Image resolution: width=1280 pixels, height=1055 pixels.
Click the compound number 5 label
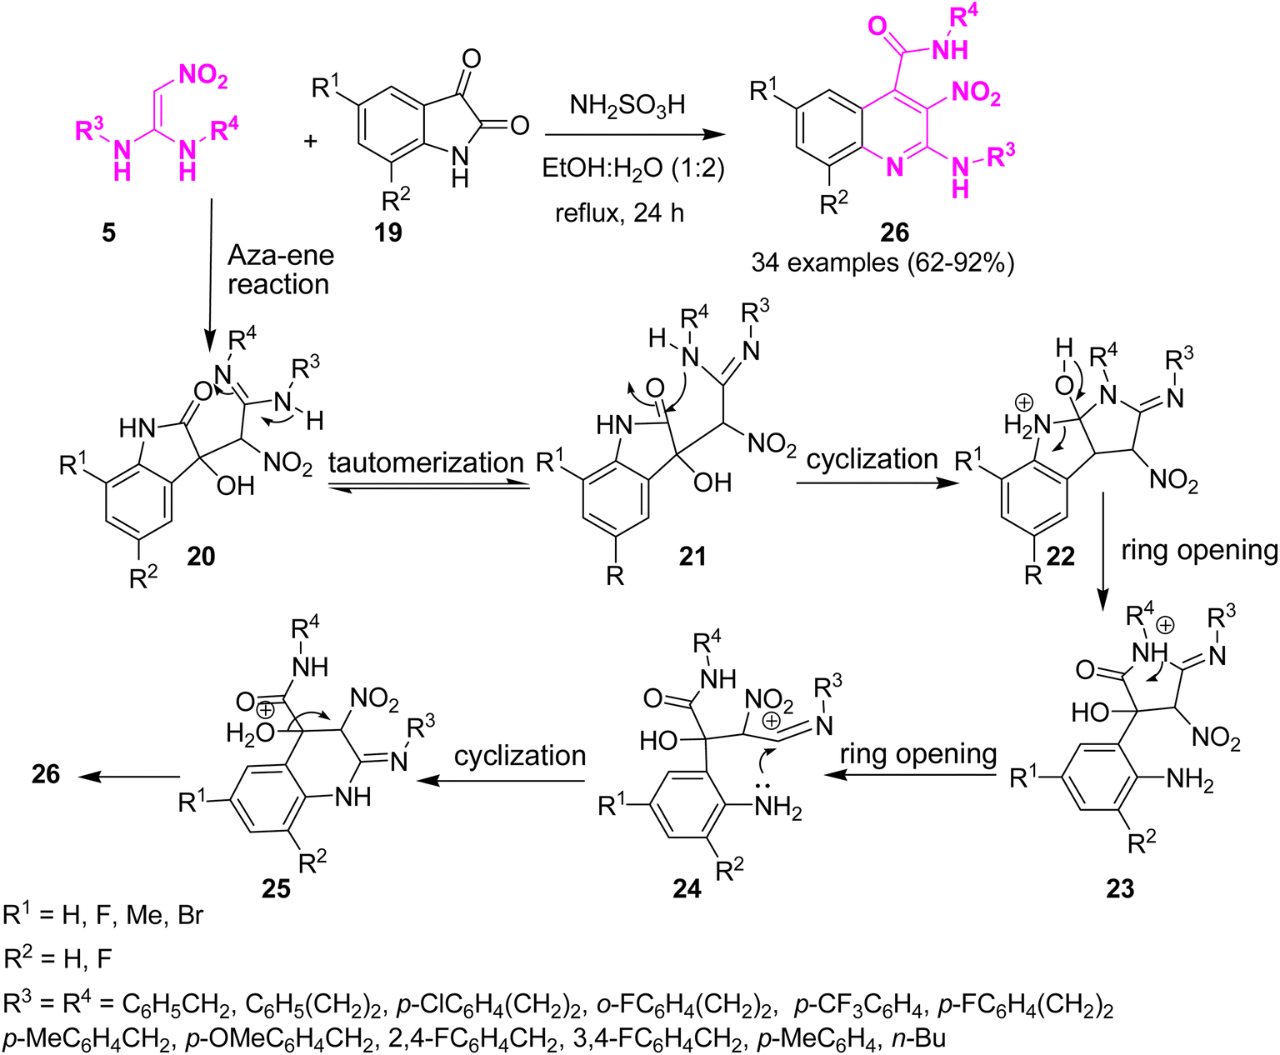tap(109, 232)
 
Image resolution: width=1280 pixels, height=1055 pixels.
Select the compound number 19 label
tap(388, 232)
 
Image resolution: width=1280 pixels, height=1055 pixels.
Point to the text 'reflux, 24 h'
tap(619, 213)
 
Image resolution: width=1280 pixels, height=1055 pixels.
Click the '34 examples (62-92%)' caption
tap(882, 263)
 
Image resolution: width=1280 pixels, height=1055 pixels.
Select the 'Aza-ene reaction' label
tap(280, 270)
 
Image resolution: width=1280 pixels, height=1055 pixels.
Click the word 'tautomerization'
tap(426, 462)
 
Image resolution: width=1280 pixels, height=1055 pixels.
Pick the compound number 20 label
tap(201, 556)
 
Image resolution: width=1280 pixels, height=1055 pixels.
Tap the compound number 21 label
tap(692, 556)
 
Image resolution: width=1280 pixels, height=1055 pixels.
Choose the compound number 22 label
tap(1060, 556)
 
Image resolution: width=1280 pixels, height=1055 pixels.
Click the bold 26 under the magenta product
tap(894, 232)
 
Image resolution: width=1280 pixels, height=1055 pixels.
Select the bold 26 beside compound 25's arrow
tap(46, 775)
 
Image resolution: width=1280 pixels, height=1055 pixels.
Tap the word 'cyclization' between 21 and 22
tap(872, 459)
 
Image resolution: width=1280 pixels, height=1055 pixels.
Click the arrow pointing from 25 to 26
tap(130, 777)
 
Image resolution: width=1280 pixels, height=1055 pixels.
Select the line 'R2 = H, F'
tap(57, 958)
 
